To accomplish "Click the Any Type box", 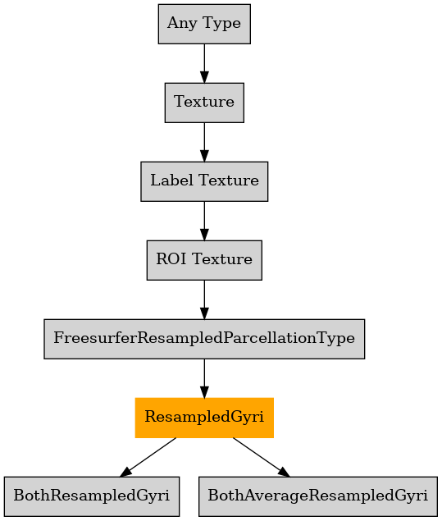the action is (x=204, y=24).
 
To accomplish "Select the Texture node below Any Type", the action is (x=204, y=103).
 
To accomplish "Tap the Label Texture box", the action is (x=204, y=181).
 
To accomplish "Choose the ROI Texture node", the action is (x=204, y=260).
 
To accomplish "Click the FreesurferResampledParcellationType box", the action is (x=204, y=339).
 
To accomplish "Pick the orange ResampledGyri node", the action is (x=204, y=418).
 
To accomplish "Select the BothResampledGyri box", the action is (x=92, y=496).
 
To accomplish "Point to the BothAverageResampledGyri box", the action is (x=318, y=496).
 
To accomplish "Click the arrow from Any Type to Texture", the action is (x=204, y=63).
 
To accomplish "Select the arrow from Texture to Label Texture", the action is (x=204, y=142).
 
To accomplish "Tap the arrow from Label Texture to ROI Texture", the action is (x=204, y=221).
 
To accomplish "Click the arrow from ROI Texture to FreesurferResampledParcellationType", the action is (x=204, y=299).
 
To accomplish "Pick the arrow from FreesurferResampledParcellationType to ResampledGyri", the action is (x=204, y=378).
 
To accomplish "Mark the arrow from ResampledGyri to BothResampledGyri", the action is (x=148, y=457).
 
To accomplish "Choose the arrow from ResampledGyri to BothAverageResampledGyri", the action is (x=261, y=457).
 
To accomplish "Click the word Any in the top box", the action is (x=182, y=24).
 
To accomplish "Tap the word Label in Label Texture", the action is (x=171, y=181).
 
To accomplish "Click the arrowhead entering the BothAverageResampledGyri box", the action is (x=283, y=472).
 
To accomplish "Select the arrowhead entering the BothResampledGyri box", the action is (x=125, y=472).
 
